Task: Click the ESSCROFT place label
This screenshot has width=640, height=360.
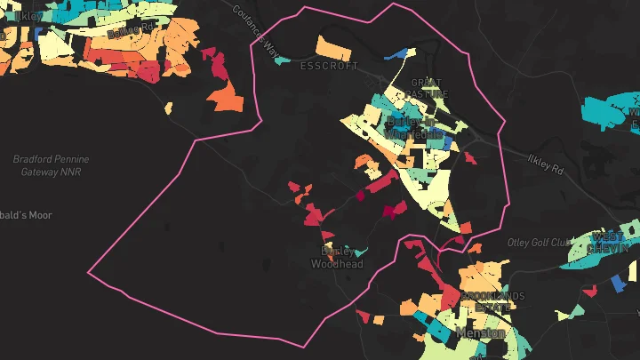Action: (x=329, y=66)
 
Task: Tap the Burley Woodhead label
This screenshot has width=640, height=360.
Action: (x=342, y=257)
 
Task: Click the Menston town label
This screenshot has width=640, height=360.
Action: (x=480, y=333)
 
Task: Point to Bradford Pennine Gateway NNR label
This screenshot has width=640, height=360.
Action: (x=51, y=164)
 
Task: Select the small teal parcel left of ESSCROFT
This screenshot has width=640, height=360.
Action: (x=283, y=60)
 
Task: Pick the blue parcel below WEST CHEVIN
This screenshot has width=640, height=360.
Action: (x=617, y=283)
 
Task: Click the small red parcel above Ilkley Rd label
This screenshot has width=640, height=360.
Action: (x=471, y=159)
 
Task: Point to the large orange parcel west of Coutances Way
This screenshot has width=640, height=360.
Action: (x=228, y=95)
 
